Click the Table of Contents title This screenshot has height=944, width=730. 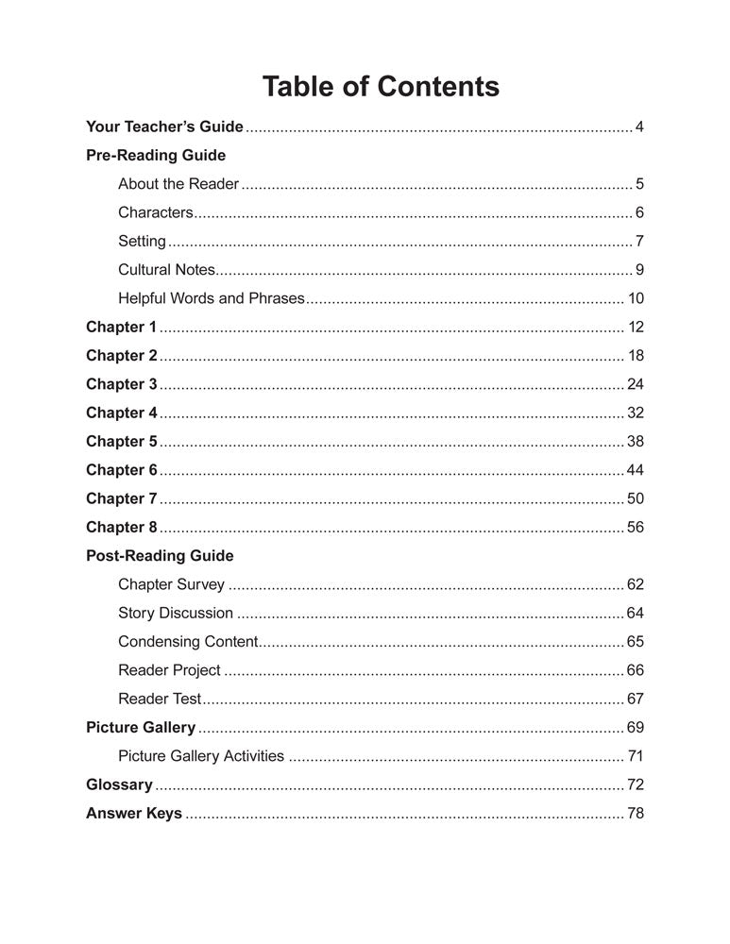(380, 87)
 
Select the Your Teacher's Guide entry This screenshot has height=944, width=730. (164, 126)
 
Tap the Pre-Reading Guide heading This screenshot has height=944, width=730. (156, 155)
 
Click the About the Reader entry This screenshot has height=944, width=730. (178, 184)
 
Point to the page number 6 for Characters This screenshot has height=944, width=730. (639, 212)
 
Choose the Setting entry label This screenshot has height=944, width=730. (142, 241)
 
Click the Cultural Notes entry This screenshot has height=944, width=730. (167, 270)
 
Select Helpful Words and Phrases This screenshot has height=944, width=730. (212, 298)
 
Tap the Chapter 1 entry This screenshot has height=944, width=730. (121, 328)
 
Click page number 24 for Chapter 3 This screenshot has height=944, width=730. (636, 384)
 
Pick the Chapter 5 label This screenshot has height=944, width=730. (121, 442)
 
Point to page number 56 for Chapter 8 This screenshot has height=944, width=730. (636, 528)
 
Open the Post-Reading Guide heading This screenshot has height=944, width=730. (160, 556)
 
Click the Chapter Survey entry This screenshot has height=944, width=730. (171, 585)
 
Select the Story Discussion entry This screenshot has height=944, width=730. (176, 614)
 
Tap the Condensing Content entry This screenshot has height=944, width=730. (188, 642)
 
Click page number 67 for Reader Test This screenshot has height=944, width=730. (636, 700)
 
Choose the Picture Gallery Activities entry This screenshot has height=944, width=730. (201, 756)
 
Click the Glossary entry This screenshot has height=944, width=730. (119, 784)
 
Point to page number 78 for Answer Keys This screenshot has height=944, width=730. (636, 814)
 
